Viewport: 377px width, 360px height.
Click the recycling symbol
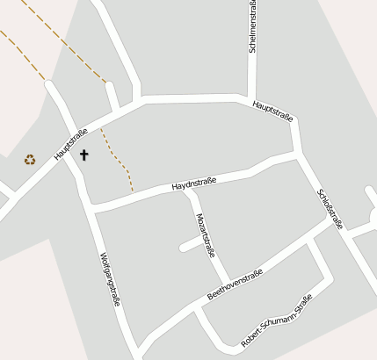point(30,159)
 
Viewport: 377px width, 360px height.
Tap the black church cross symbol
point(84,155)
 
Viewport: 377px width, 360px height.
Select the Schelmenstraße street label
point(253,29)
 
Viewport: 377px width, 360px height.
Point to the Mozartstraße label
point(205,234)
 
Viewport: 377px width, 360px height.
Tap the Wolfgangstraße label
point(110,278)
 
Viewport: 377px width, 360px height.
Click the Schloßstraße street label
point(332,206)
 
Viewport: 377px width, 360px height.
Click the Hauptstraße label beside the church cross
point(70,144)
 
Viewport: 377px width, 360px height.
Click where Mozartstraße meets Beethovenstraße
point(228,282)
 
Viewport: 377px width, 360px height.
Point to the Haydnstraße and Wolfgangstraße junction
point(92,209)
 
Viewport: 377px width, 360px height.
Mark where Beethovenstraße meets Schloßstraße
point(338,224)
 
